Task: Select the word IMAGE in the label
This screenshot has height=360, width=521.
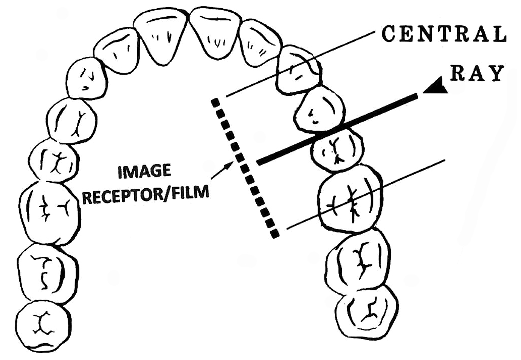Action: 144,171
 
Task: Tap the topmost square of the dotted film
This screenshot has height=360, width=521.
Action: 215,102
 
